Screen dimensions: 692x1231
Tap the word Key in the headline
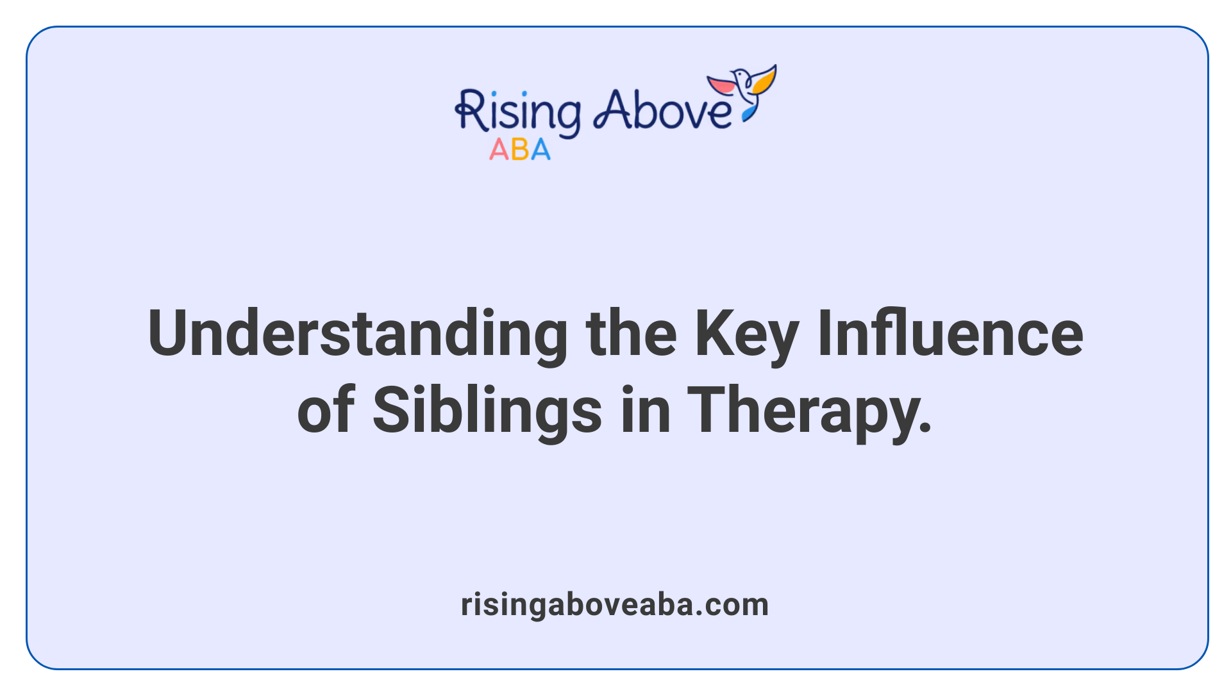point(746,334)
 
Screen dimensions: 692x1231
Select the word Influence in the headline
point(950,334)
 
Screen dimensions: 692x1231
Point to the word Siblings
point(487,411)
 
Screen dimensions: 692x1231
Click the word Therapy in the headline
point(802,411)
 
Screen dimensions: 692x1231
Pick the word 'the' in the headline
point(631,334)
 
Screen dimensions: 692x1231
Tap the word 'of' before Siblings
point(326,411)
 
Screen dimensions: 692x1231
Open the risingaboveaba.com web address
point(615,605)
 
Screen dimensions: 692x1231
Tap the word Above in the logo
point(662,110)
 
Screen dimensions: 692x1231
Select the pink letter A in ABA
point(499,150)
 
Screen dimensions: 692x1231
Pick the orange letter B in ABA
point(520,150)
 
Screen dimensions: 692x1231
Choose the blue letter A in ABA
point(540,150)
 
